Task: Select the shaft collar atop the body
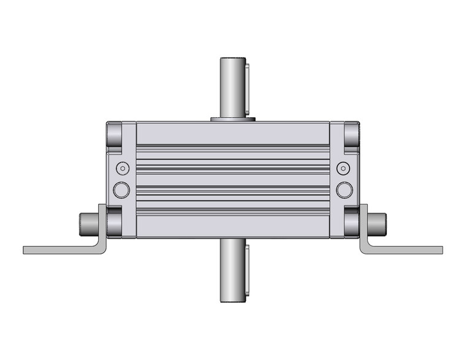point(232,118)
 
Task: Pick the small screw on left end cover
point(123,167)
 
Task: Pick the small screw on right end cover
point(343,167)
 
